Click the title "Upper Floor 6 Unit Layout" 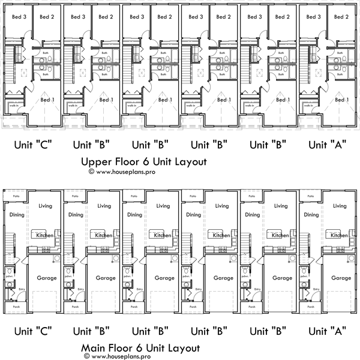[144, 161]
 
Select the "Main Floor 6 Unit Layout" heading [143, 347]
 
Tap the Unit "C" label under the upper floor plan [31, 145]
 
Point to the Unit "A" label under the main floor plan [325, 330]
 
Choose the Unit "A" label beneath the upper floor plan [325, 145]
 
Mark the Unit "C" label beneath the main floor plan [31, 330]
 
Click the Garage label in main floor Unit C [47, 278]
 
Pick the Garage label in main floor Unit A [341, 278]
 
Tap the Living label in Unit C [46, 206]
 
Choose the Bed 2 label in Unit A [341, 17]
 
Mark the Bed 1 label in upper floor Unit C [47, 100]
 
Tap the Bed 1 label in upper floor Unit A [341, 100]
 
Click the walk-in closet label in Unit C [14, 106]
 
